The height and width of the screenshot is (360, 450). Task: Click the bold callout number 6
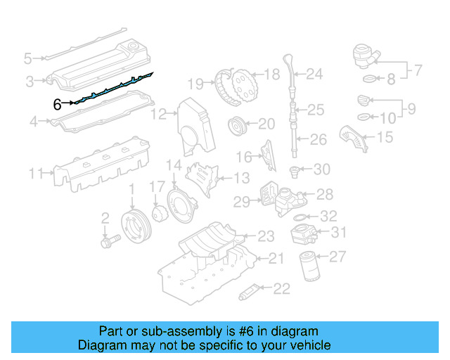(x=58, y=104)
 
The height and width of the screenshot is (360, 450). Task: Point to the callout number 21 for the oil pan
(x=276, y=259)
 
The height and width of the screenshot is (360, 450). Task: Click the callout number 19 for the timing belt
(x=195, y=84)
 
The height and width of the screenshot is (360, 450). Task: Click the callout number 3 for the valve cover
(x=30, y=82)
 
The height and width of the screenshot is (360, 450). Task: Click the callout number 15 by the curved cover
(x=384, y=137)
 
